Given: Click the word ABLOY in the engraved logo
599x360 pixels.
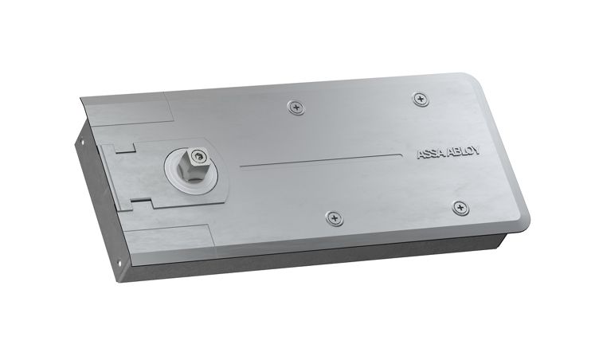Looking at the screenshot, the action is click(x=464, y=151).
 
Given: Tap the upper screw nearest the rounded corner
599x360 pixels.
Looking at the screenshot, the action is click(x=421, y=100).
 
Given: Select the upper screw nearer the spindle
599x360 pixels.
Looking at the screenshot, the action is click(x=296, y=108).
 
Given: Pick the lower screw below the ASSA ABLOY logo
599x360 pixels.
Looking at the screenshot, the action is click(x=460, y=208).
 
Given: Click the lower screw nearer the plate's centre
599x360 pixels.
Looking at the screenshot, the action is click(x=335, y=218).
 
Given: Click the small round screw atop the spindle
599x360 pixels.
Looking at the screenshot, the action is click(x=198, y=155).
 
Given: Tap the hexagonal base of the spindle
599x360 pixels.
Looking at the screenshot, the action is click(x=190, y=174).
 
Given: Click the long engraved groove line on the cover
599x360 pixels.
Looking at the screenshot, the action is click(x=321, y=161).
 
